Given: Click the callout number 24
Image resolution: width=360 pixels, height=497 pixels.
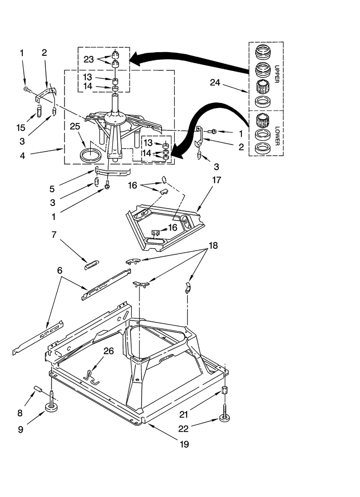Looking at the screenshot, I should point(215,83).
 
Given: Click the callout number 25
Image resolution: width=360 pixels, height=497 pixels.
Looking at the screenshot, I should point(75,126).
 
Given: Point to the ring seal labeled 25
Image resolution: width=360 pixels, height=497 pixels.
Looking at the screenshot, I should point(89,156).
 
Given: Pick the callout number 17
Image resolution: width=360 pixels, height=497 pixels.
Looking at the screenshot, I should point(217,180).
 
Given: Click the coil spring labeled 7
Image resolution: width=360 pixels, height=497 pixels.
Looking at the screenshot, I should point(92,265).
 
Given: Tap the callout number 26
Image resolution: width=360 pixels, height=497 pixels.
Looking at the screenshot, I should point(109,351).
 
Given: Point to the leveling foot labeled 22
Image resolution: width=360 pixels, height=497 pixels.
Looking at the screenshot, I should point(224,416).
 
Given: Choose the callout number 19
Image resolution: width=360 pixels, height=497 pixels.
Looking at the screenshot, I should point(184,444).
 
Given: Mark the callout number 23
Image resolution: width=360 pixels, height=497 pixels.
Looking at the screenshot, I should point(89,59).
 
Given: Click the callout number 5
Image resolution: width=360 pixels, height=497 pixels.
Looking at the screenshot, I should point(52,189).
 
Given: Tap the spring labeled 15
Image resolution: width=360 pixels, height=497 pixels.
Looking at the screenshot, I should point(39,111).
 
